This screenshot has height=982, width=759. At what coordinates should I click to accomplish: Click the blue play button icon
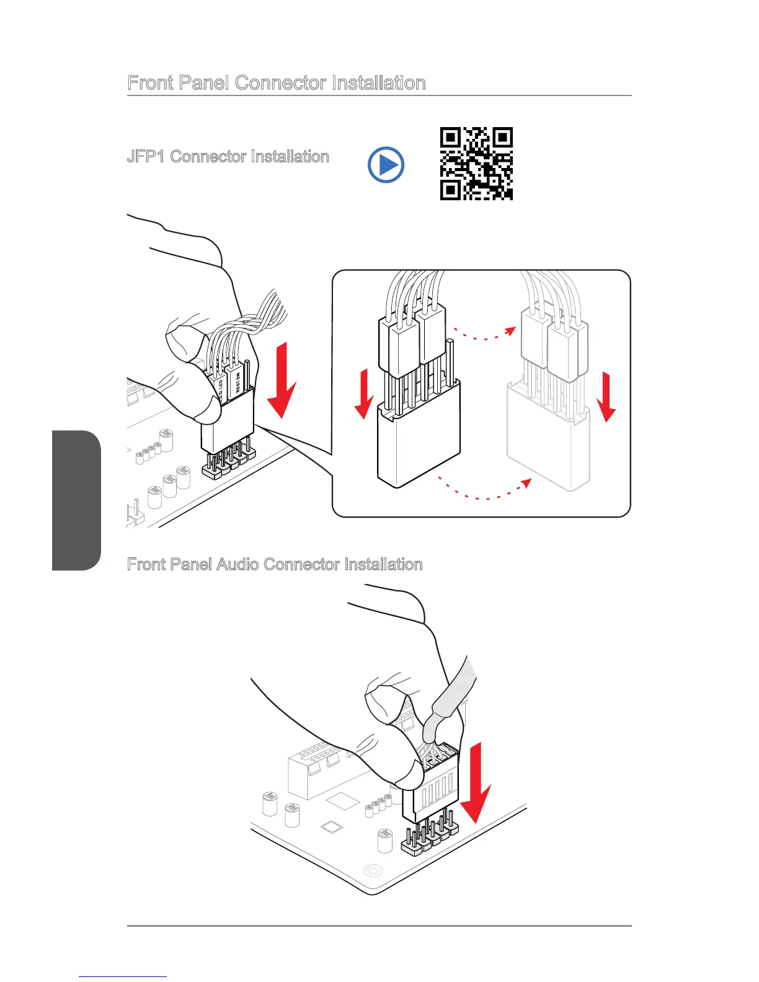pos(386,165)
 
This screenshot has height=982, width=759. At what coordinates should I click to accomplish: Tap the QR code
pos(476,164)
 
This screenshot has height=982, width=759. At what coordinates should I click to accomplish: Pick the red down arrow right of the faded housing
pos(606,397)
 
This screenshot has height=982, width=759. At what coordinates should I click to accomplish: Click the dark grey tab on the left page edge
pos(76,500)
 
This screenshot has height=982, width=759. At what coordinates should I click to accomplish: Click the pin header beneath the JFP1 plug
pos(229,462)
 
